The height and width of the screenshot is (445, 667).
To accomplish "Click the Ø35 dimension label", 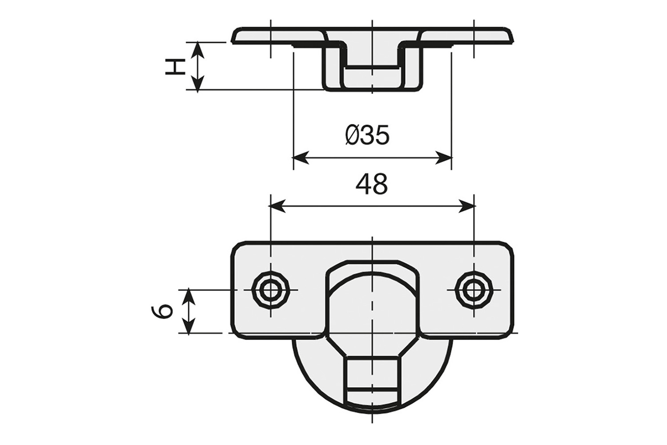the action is (x=367, y=134).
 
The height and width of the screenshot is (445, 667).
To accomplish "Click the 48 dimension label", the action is (x=372, y=184).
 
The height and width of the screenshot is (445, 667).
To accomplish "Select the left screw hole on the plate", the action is (x=270, y=290).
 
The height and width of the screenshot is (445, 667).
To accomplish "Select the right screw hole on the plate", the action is (x=474, y=290).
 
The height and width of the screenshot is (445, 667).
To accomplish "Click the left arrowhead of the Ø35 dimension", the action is (x=301, y=158).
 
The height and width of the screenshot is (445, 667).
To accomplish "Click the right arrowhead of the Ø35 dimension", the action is (x=444, y=158).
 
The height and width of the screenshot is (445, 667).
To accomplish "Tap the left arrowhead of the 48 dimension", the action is (x=277, y=206).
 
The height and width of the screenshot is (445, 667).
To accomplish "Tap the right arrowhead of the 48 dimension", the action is (x=467, y=206).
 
